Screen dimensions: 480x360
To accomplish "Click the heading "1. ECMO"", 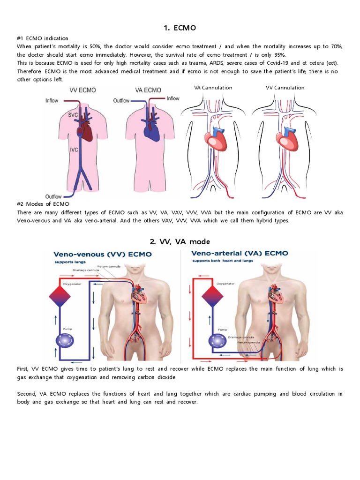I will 180,28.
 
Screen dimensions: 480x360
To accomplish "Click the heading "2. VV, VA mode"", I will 180,241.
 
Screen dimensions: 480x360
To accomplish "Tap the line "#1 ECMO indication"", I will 43,38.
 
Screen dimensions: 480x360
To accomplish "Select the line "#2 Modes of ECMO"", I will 43,204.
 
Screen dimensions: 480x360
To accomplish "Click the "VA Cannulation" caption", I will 213,88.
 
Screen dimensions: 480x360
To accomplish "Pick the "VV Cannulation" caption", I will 285,88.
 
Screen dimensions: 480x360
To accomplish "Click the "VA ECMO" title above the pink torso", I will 148,90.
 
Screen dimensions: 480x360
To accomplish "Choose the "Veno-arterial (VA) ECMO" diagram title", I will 240,254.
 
